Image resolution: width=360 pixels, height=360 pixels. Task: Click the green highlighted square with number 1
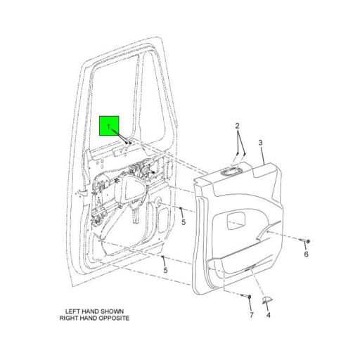coord(110,126)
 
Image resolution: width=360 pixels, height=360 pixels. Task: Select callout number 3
coord(261,143)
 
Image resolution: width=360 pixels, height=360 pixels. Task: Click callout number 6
coord(306,254)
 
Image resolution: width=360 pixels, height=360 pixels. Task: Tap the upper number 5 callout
coord(182,223)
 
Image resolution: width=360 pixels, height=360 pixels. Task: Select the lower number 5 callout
coord(165,270)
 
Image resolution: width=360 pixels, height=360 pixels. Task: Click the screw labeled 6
coord(307,241)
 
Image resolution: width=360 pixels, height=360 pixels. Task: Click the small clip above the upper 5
coord(181,210)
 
